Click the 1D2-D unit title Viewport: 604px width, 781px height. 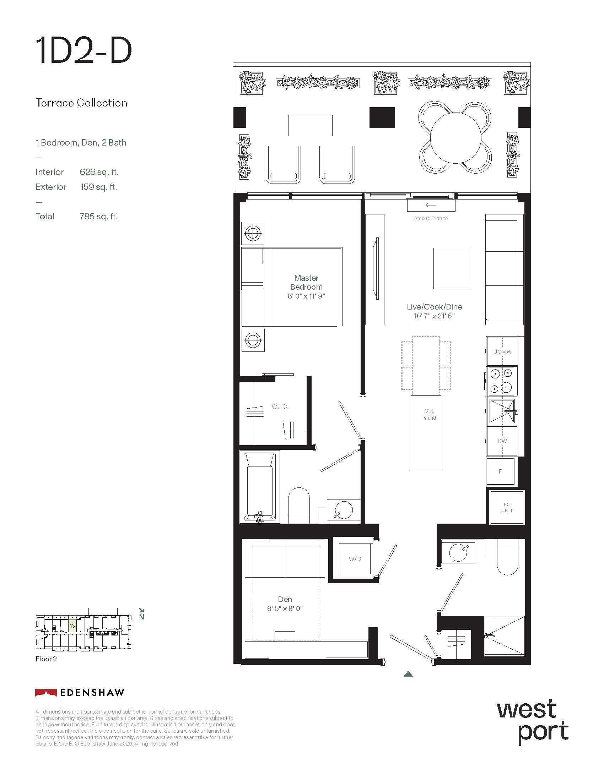click(84, 51)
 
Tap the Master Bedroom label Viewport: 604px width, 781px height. click(306, 283)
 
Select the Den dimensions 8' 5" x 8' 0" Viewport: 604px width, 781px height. click(285, 608)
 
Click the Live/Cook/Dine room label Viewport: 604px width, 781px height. click(435, 307)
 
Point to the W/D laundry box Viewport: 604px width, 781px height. click(355, 558)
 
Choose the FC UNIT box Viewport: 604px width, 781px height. click(507, 507)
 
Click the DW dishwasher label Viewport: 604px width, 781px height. click(502, 441)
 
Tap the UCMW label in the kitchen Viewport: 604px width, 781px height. click(502, 351)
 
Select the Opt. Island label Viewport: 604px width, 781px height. click(429, 414)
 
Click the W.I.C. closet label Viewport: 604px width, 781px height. click(280, 406)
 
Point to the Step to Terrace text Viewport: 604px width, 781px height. click(431, 218)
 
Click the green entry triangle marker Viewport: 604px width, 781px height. click(408, 674)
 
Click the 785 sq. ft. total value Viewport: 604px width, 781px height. click(99, 216)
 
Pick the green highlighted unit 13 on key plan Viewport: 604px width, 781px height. click(72, 626)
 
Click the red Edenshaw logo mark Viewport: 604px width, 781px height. click(46, 692)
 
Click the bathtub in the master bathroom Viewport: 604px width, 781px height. click(260, 487)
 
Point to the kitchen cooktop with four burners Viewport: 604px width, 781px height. click(501, 381)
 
